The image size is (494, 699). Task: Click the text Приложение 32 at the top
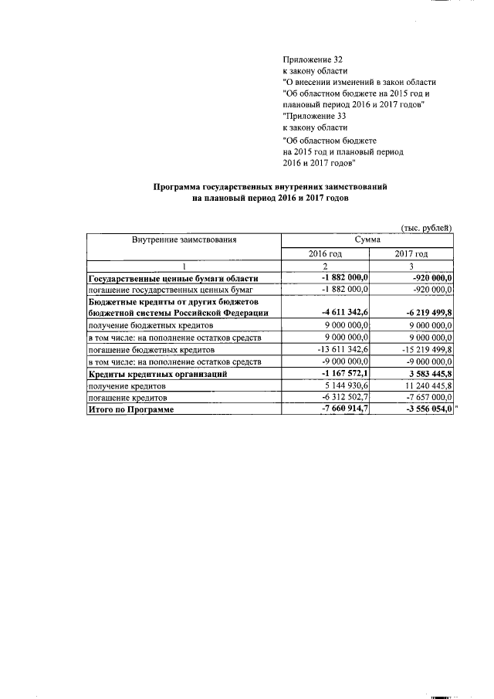tap(313, 59)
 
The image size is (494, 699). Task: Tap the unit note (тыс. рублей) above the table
tap(426, 227)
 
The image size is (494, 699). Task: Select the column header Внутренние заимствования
tap(184, 240)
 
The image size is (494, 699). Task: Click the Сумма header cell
tap(367, 240)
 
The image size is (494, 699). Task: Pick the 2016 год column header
tap(325, 254)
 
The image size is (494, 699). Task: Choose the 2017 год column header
tap(411, 254)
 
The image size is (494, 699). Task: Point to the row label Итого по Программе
tap(131, 409)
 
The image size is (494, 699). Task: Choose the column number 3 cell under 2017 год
tap(411, 266)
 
